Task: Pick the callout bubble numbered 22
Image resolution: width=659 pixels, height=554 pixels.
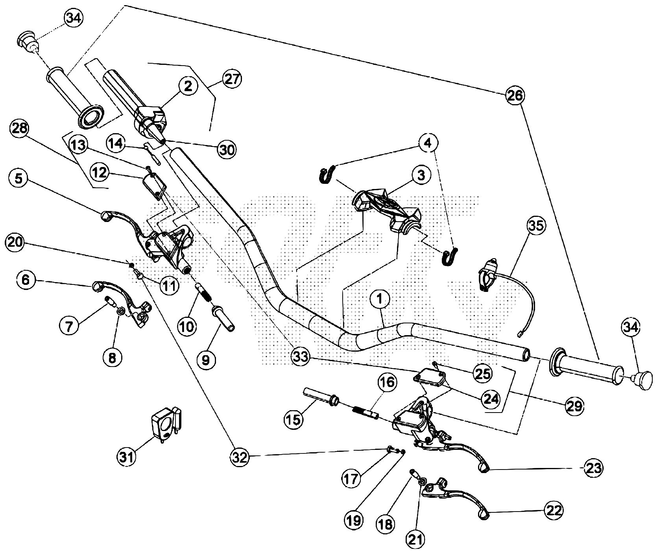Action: [554, 510]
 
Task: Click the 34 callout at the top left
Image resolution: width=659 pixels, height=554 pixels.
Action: [74, 18]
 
